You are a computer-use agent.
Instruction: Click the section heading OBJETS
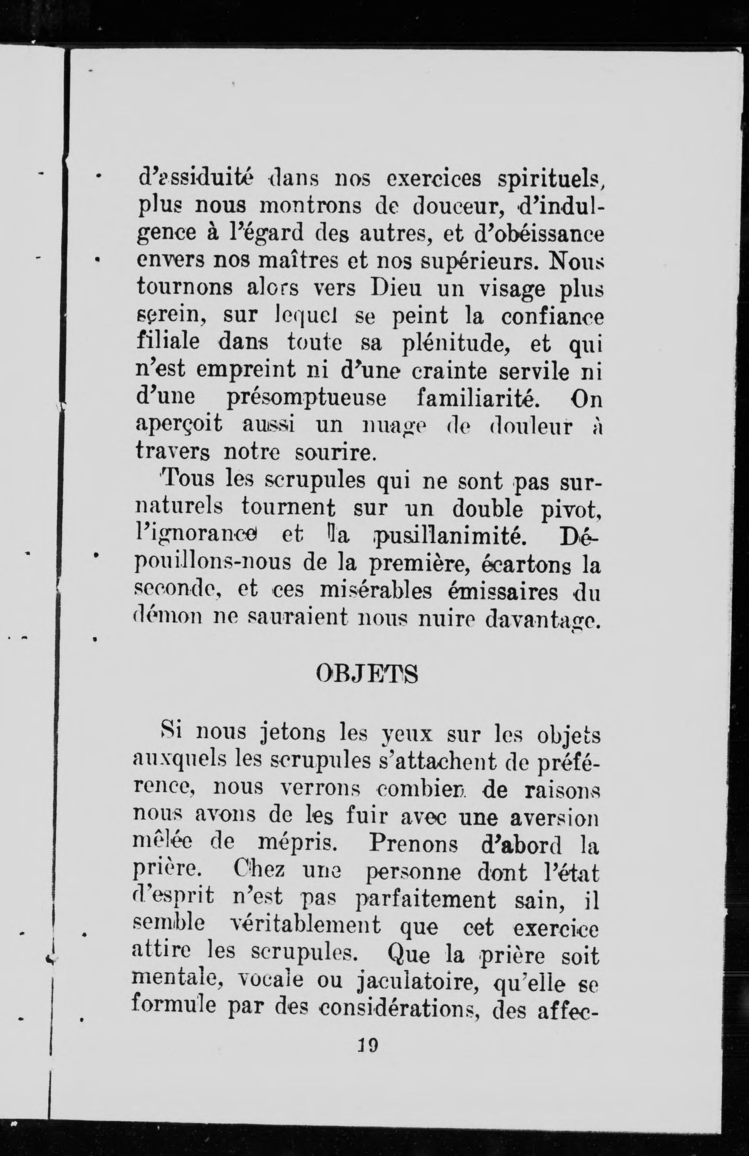366,674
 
